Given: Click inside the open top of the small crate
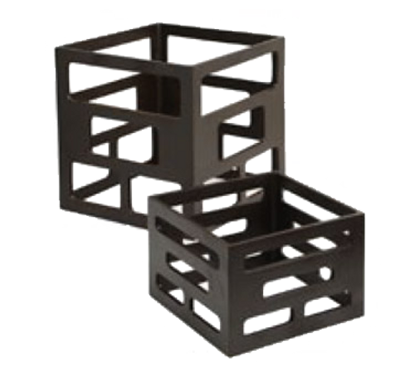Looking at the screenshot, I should [249, 208].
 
